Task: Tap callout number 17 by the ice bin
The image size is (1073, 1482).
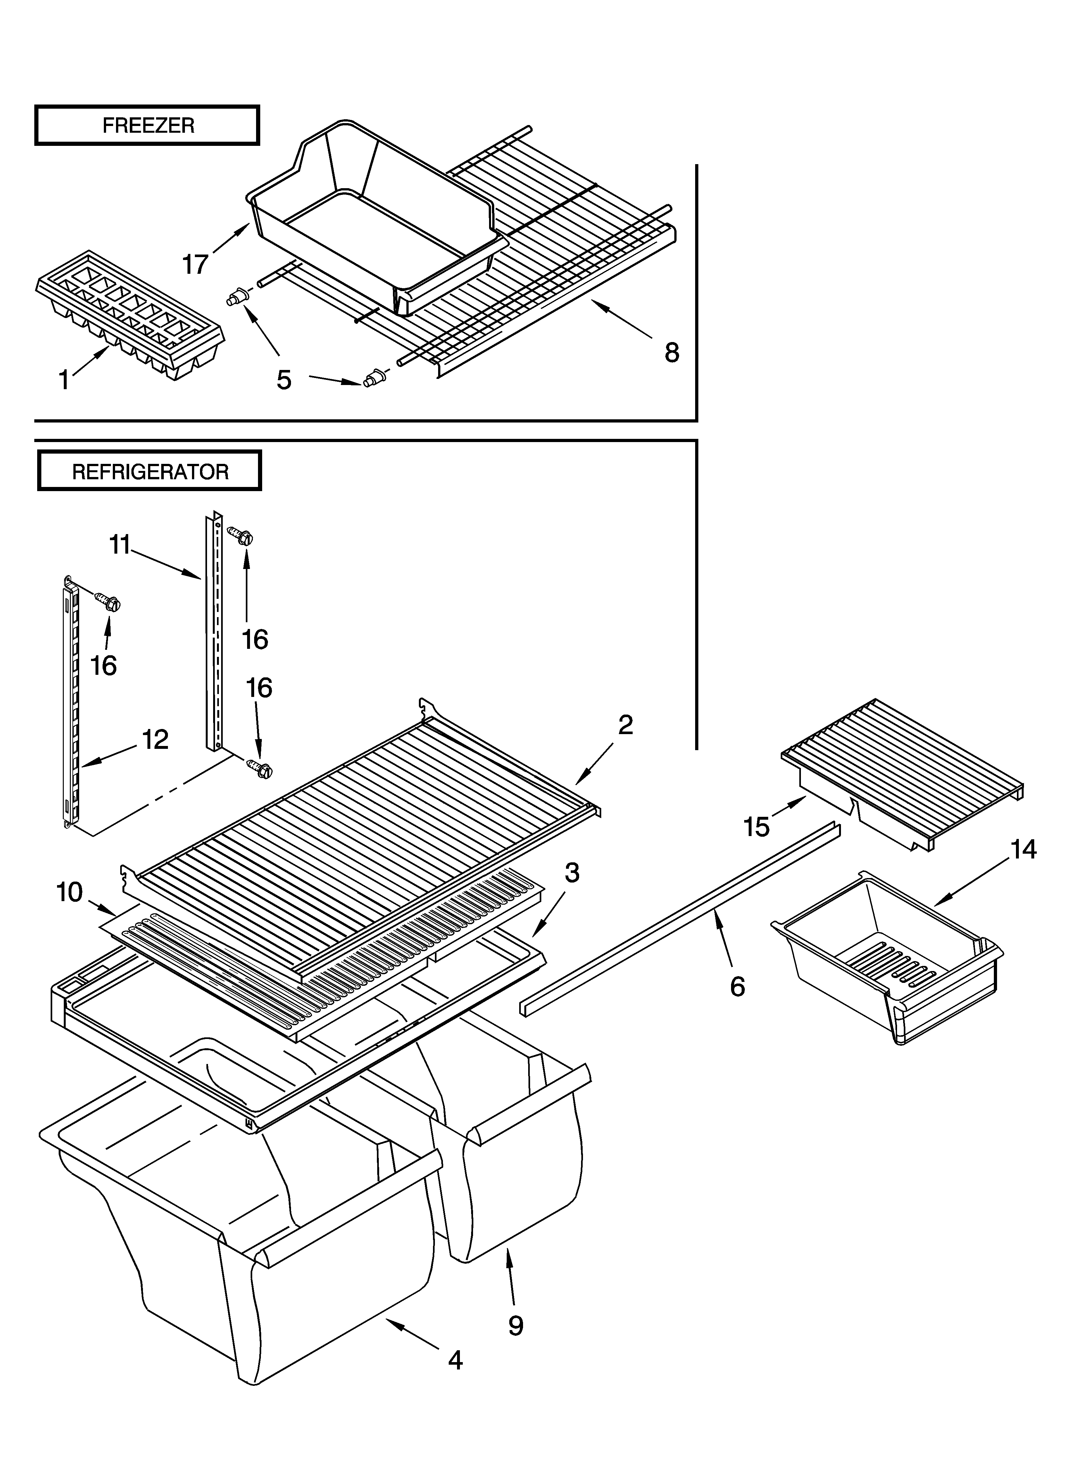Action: [195, 265]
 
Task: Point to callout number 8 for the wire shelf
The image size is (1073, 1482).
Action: [672, 353]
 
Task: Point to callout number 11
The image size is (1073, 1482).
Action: [120, 544]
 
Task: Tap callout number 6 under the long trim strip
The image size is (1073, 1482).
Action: [737, 987]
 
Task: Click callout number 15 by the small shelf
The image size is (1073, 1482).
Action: [757, 827]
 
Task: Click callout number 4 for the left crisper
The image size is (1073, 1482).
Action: [455, 1361]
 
